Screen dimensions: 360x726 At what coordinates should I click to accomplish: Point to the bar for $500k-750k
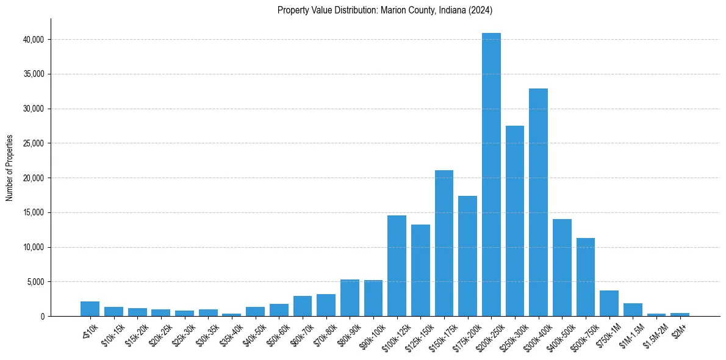[x=586, y=277]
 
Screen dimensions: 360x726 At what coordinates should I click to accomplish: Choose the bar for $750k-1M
[x=609, y=303]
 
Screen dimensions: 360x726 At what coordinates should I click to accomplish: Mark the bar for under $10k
[x=90, y=309]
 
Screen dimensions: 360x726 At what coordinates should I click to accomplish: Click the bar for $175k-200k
[x=467, y=256]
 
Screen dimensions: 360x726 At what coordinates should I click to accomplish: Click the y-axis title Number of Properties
[x=10, y=168]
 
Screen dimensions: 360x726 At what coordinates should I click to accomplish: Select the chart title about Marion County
[x=384, y=10]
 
